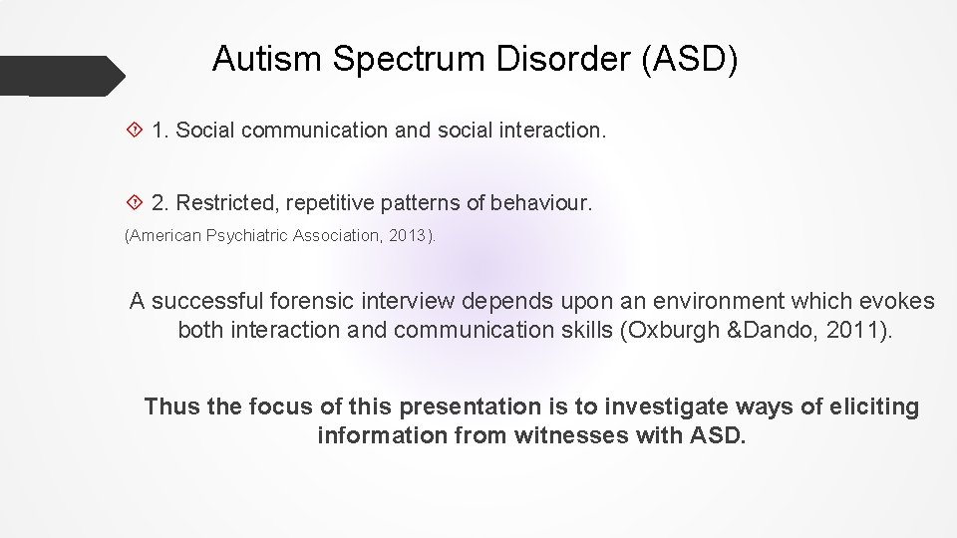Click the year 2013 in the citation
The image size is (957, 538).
(410, 237)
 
